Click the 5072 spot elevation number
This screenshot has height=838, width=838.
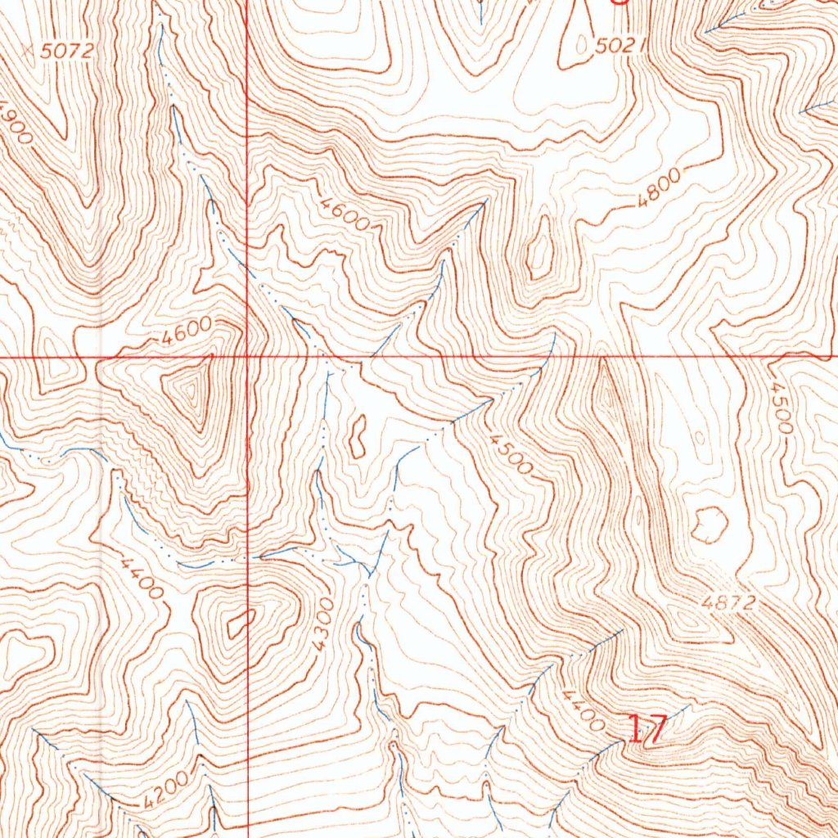click(x=68, y=51)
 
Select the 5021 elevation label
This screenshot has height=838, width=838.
click(x=615, y=47)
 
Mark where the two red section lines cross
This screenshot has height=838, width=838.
click(x=247, y=357)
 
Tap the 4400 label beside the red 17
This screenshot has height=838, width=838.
click(x=583, y=710)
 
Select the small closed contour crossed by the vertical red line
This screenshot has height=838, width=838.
click(x=240, y=625)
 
